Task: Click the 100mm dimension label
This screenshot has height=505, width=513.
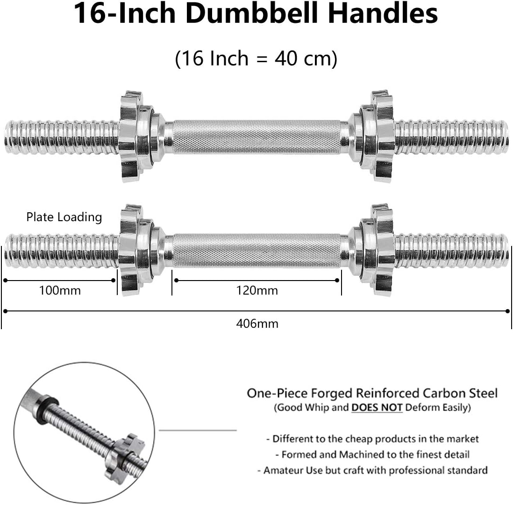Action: click(59, 290)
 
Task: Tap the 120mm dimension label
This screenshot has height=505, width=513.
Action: click(256, 290)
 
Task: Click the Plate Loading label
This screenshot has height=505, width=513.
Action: click(64, 217)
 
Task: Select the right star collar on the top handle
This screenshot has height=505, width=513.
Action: click(379, 137)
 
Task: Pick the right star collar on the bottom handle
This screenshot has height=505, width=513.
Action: click(379, 250)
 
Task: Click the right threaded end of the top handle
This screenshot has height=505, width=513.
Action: click(451, 137)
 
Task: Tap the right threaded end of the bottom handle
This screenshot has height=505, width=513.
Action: click(451, 250)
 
